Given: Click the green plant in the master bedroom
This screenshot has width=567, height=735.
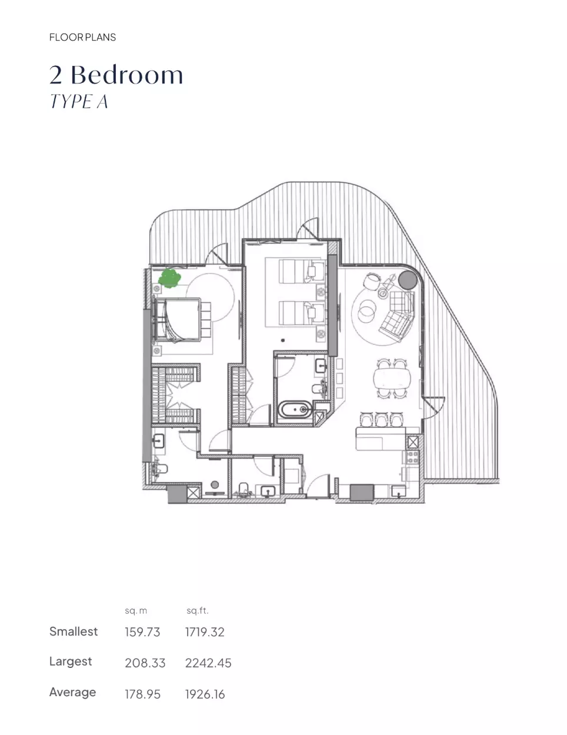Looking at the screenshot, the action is (169, 278).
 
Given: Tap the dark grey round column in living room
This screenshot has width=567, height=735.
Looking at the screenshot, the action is (408, 280).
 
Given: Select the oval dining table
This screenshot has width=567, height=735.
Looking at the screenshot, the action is (391, 378).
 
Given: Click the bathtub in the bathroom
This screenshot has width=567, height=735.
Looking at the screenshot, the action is (295, 410).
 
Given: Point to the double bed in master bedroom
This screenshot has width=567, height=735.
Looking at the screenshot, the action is (177, 320).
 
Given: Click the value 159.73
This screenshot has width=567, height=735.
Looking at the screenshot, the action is (142, 632).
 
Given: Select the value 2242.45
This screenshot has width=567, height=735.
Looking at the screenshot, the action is (208, 663).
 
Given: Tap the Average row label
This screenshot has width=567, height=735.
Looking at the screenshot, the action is (73, 693).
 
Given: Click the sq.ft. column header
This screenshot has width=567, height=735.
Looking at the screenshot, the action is (197, 610).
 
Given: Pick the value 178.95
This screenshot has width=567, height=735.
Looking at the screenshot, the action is (142, 694).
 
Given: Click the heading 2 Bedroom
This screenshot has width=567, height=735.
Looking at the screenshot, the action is (116, 75).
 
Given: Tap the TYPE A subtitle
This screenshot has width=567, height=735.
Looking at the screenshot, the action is (79, 101).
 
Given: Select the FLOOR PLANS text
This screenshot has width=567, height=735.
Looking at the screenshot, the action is (82, 37).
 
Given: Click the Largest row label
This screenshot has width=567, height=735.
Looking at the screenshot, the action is (71, 661).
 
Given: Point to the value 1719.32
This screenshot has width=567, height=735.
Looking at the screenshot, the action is (205, 632).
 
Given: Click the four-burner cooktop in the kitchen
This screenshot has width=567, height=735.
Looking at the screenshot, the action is (412, 457).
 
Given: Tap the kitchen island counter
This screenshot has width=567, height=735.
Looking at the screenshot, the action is (381, 439).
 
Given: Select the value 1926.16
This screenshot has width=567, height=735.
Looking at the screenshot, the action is (205, 694).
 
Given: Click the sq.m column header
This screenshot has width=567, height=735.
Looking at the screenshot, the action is (136, 611).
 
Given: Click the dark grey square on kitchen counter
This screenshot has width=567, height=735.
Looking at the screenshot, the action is (362, 492).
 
